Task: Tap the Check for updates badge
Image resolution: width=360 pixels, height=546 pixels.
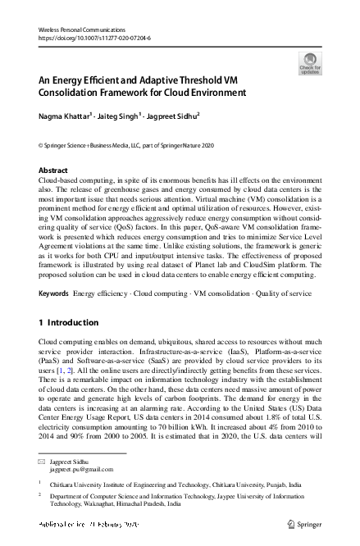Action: [x=310, y=63]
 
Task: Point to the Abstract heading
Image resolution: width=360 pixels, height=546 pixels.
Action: [x=54, y=171]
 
